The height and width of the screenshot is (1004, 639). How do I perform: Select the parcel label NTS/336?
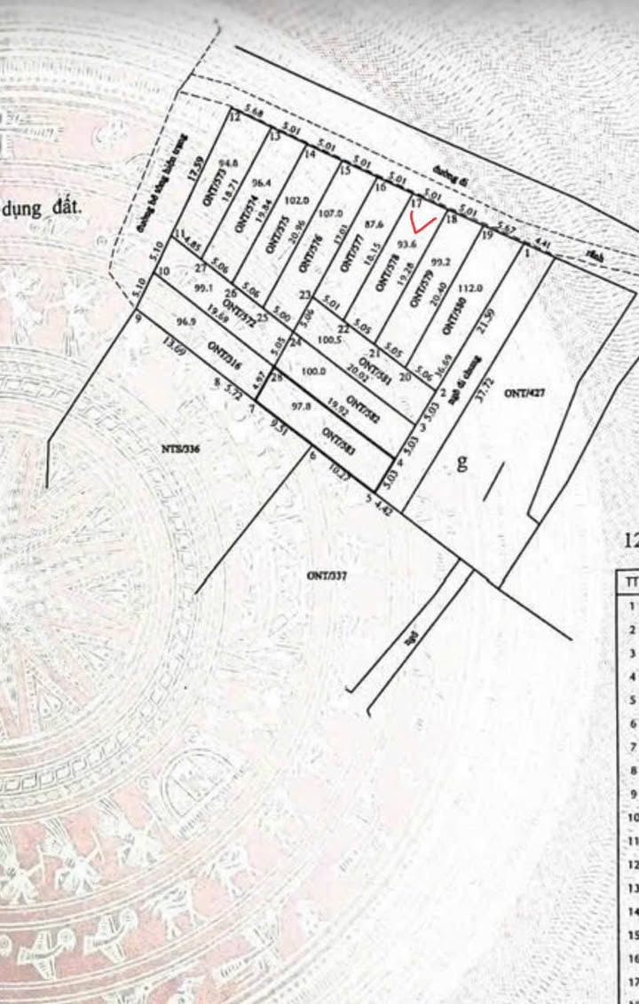tap(182, 450)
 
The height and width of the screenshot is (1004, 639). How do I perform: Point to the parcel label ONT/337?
tap(327, 575)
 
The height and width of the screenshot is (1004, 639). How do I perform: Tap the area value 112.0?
tap(470, 287)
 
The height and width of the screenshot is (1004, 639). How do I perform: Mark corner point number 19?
tap(486, 235)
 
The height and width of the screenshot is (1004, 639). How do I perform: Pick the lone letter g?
tap(461, 461)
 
